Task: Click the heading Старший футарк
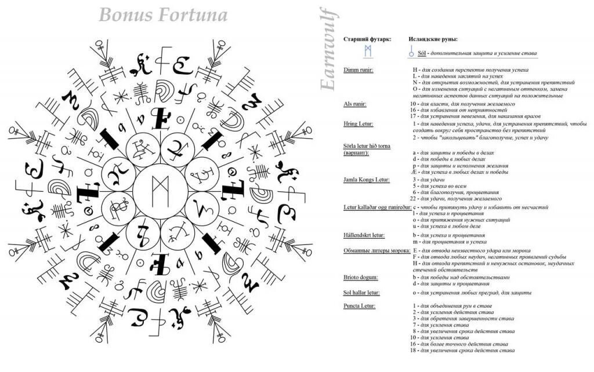367,39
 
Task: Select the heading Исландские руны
433,39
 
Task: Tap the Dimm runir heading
358,70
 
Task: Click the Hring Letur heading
358,124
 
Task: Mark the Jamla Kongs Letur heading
366,180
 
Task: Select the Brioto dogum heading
360,277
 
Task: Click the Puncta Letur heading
359,305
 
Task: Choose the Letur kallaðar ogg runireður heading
377,207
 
